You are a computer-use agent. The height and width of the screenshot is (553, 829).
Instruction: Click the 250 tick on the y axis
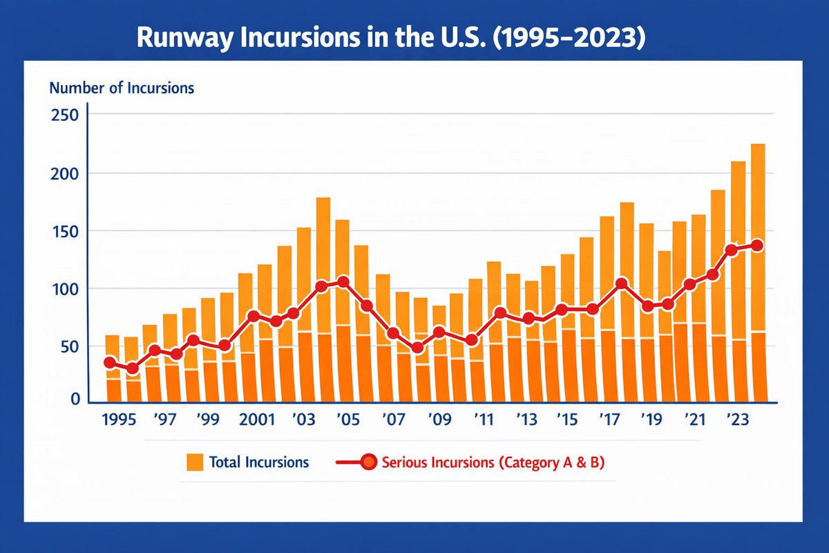66,114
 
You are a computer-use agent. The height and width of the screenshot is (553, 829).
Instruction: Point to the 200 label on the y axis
66,172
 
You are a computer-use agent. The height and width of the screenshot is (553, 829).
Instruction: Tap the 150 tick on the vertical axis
66,230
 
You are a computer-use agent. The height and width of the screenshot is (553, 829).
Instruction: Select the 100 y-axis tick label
66,288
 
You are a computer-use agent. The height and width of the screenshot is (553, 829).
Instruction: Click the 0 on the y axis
75,400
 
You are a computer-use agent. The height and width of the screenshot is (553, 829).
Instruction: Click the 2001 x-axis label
258,421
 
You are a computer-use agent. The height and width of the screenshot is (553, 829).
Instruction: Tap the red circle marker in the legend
368,462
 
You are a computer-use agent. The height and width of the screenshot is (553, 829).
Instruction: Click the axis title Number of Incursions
121,88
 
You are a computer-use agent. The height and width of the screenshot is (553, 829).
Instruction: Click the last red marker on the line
757,245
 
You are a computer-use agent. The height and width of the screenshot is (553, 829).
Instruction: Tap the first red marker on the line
110,363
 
